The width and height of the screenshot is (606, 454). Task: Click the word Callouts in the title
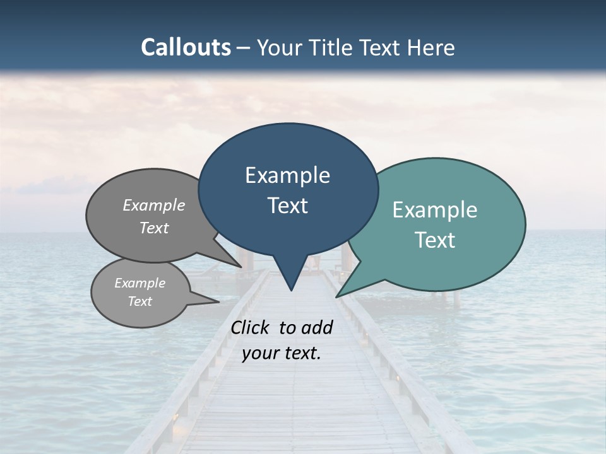click(186, 47)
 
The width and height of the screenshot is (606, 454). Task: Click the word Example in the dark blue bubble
click(287, 175)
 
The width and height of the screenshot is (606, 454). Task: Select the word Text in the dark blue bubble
click(287, 206)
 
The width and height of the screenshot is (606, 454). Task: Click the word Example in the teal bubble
click(435, 210)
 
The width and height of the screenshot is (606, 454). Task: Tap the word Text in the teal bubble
click(435, 240)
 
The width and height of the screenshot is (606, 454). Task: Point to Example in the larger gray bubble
click(154, 206)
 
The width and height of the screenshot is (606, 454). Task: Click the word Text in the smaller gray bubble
click(140, 301)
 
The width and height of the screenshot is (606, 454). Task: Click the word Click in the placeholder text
click(251, 327)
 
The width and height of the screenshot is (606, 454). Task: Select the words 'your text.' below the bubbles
click(282, 354)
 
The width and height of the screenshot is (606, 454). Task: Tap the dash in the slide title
click(244, 48)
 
